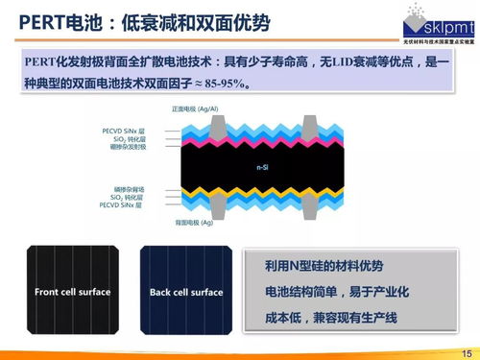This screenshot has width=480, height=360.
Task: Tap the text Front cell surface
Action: tap(72, 292)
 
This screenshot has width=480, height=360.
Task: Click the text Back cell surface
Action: tap(185, 292)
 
